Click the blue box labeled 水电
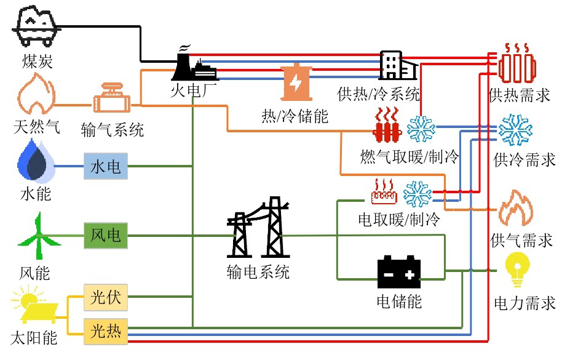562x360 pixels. (106, 166)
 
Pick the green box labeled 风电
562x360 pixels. (106, 235)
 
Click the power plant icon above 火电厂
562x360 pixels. (193, 64)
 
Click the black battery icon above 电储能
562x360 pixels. (398, 274)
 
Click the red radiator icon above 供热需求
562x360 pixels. (516, 63)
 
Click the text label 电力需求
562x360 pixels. (524, 303)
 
